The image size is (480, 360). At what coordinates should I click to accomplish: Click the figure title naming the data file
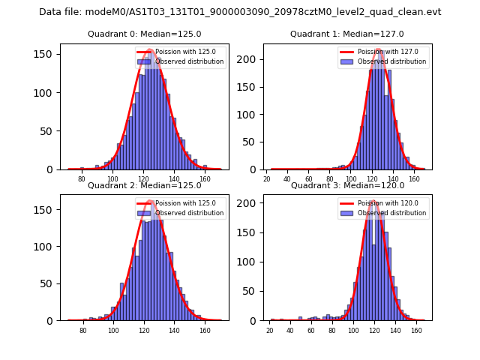(240, 12)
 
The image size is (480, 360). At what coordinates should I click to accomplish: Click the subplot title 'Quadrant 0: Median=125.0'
(144, 34)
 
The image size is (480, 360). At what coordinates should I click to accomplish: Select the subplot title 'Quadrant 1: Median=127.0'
(346, 34)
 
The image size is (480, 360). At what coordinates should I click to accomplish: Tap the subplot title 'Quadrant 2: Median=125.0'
(144, 185)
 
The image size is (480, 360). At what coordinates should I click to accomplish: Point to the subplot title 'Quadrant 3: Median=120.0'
(346, 185)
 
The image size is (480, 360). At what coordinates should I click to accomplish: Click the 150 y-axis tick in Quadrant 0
(47, 54)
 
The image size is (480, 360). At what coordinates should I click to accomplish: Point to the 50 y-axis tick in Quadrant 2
(49, 283)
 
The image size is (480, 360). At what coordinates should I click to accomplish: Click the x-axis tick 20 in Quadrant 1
(268, 179)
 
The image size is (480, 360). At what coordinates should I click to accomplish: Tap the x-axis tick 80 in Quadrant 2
(82, 330)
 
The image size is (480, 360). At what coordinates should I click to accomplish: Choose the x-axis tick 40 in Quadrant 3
(290, 330)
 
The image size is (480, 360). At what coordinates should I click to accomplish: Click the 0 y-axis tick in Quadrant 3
(255, 320)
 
